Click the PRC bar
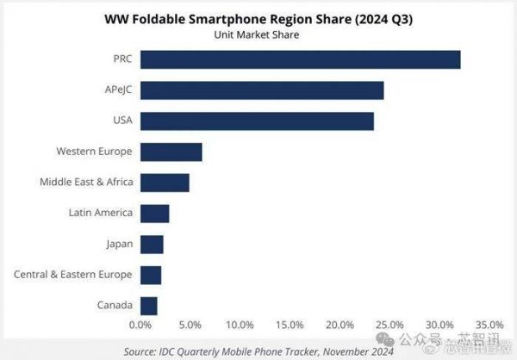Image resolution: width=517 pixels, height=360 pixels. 300,59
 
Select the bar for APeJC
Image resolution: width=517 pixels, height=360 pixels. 262,90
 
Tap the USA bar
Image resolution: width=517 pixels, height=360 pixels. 257,121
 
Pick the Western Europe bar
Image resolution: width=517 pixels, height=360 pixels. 171,152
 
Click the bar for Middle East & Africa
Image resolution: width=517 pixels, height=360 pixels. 165,183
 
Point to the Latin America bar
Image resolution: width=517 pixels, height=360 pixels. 154,213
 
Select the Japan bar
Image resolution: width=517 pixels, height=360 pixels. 152,244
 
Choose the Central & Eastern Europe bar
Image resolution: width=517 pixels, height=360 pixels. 151,275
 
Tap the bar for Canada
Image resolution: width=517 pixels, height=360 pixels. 148,305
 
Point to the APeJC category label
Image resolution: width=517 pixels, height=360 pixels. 116,90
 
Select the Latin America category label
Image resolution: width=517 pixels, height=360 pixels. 101,213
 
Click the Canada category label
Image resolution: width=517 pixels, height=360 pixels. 115,305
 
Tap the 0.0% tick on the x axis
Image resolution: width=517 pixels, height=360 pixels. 140,326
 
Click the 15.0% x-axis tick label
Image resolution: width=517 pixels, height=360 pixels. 290,326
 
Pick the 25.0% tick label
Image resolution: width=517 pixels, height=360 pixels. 389,326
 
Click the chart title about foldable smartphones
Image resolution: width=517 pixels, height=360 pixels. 258,19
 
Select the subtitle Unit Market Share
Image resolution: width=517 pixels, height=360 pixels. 258,35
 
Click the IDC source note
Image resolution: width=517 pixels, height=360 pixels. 258,351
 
